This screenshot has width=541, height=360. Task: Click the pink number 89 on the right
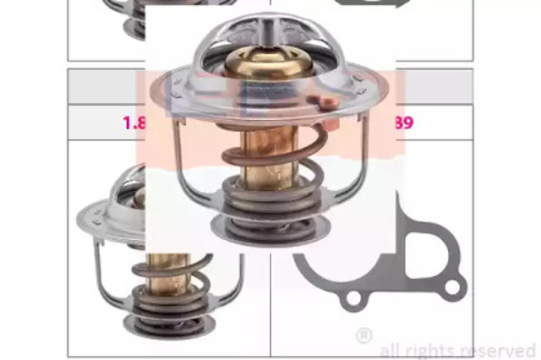(403, 123)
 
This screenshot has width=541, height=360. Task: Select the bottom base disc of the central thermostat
(270, 229)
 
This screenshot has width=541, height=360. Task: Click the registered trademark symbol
(363, 335)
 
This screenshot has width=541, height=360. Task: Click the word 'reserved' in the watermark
(500, 350)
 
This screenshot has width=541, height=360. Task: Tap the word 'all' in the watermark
(391, 350)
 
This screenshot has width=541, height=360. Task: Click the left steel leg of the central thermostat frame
(180, 161)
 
